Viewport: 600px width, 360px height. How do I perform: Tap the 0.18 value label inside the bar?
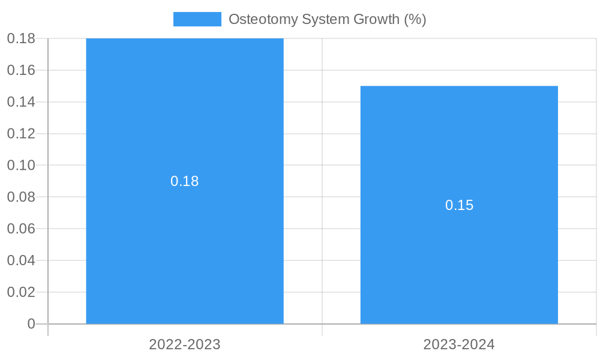tap(185, 181)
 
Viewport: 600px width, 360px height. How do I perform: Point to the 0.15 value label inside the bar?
tap(459, 205)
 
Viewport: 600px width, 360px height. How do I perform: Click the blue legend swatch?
tap(197, 19)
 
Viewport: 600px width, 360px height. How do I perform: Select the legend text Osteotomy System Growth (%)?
tap(327, 19)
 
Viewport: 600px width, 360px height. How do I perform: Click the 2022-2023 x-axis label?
tap(185, 345)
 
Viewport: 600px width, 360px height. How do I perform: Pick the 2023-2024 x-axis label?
tap(459, 345)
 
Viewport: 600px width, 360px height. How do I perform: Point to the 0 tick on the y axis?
tap(31, 324)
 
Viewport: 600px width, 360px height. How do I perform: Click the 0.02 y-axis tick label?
tap(21, 292)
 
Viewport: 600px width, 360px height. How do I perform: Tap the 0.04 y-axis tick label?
tap(21, 260)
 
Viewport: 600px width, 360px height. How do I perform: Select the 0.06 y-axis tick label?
tap(21, 229)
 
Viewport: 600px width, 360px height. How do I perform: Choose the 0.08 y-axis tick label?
tap(21, 197)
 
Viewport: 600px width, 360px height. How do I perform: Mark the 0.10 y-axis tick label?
tap(21, 165)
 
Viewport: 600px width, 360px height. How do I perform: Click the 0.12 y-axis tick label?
tap(21, 134)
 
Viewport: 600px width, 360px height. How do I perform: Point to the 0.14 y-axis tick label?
tap(21, 102)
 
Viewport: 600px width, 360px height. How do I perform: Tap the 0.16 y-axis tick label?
tap(21, 70)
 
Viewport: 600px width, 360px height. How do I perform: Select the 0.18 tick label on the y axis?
tap(21, 38)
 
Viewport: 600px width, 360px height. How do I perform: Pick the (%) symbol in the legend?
tap(415, 19)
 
